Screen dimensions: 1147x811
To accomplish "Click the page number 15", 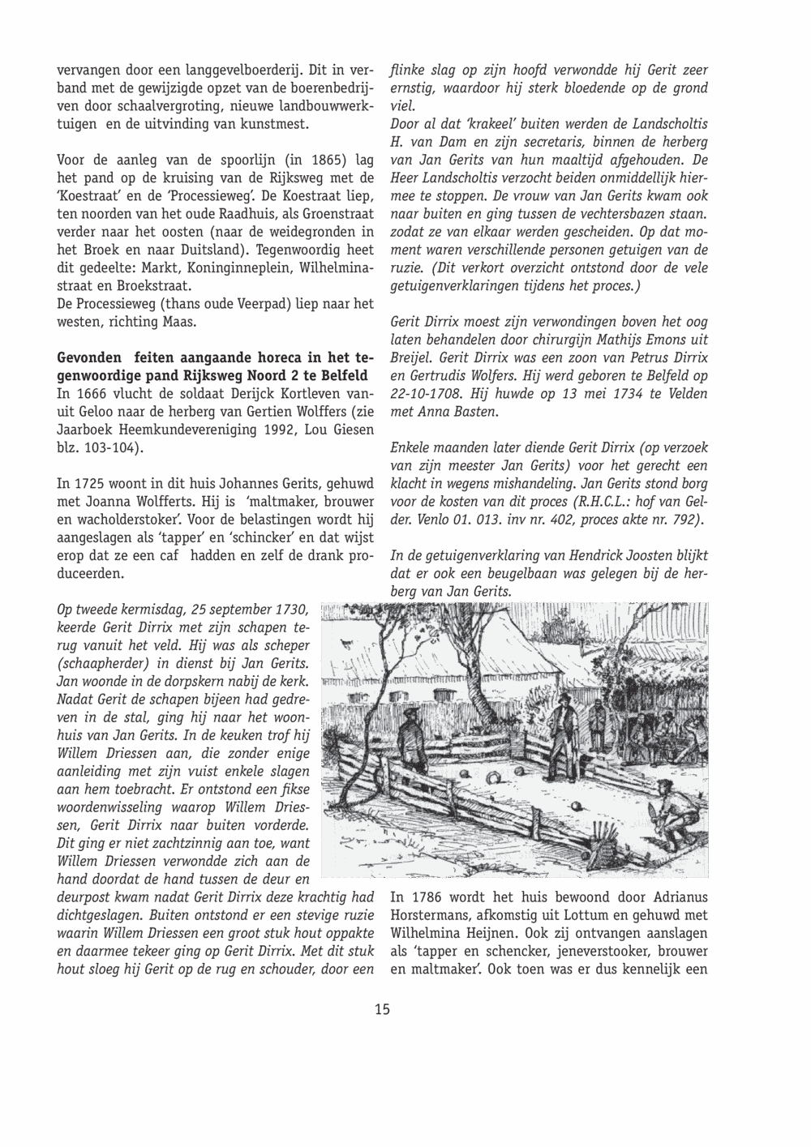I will click(382, 1009).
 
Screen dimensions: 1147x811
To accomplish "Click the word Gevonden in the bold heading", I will click(91, 357).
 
